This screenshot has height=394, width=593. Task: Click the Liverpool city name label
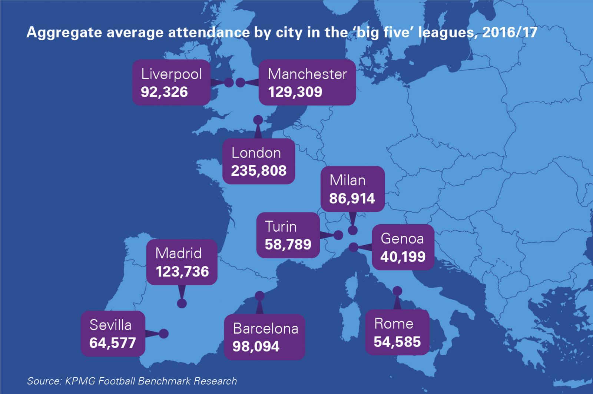[171, 74]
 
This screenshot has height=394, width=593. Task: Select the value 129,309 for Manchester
[295, 92]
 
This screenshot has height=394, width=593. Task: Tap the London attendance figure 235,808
[259, 171]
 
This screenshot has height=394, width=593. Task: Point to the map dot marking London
[258, 120]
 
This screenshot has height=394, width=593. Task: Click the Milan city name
[347, 181]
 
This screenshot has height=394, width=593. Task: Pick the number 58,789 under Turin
[288, 245]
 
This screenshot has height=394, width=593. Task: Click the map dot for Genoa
[354, 247]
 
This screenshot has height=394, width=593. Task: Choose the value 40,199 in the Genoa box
[403, 256]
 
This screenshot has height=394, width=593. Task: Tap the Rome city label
[394, 324]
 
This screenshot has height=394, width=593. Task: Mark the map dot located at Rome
[397, 291]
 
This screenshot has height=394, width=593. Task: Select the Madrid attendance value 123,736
[182, 272]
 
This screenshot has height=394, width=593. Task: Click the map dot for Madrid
[182, 304]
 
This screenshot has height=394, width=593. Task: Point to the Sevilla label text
[110, 325]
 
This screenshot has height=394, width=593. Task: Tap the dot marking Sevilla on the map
[164, 334]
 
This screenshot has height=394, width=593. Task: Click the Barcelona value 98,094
[256, 347]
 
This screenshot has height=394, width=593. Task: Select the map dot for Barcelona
[260, 296]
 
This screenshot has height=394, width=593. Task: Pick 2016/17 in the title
[510, 33]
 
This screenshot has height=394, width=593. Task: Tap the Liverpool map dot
[229, 82]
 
